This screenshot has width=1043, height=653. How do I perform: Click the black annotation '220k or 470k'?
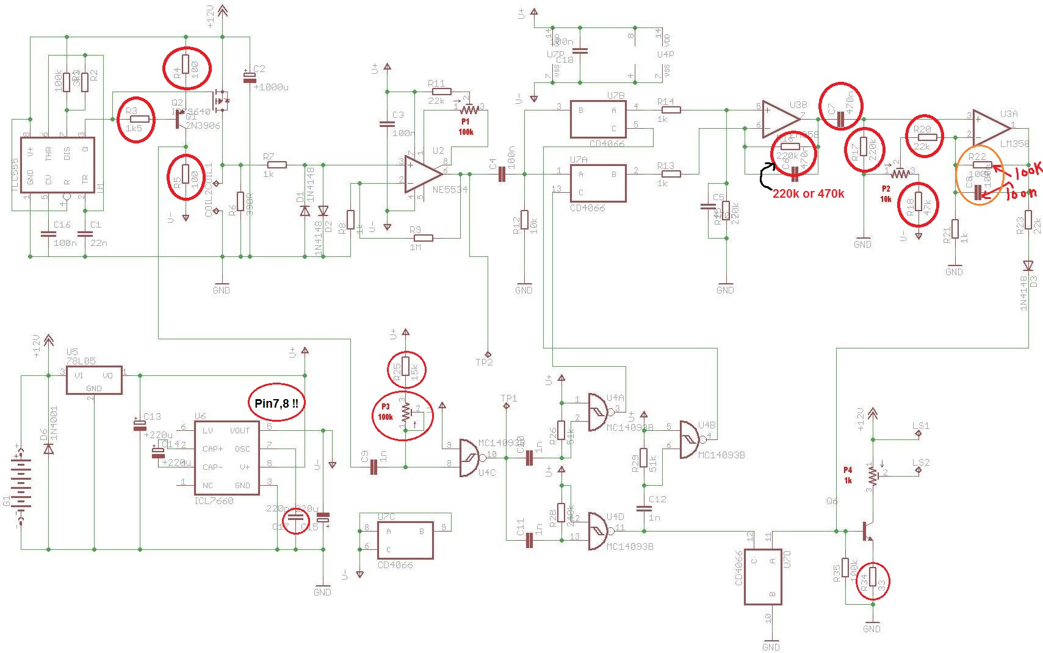point(808,193)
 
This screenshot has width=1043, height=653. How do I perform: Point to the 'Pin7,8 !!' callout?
point(276,403)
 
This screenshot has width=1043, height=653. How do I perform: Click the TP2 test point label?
point(484,362)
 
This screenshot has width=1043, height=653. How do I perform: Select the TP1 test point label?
point(508,399)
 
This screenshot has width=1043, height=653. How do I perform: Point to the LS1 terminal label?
point(920,426)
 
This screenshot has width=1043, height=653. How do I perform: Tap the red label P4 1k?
point(848,475)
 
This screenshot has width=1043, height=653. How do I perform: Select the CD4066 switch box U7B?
point(598,119)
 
